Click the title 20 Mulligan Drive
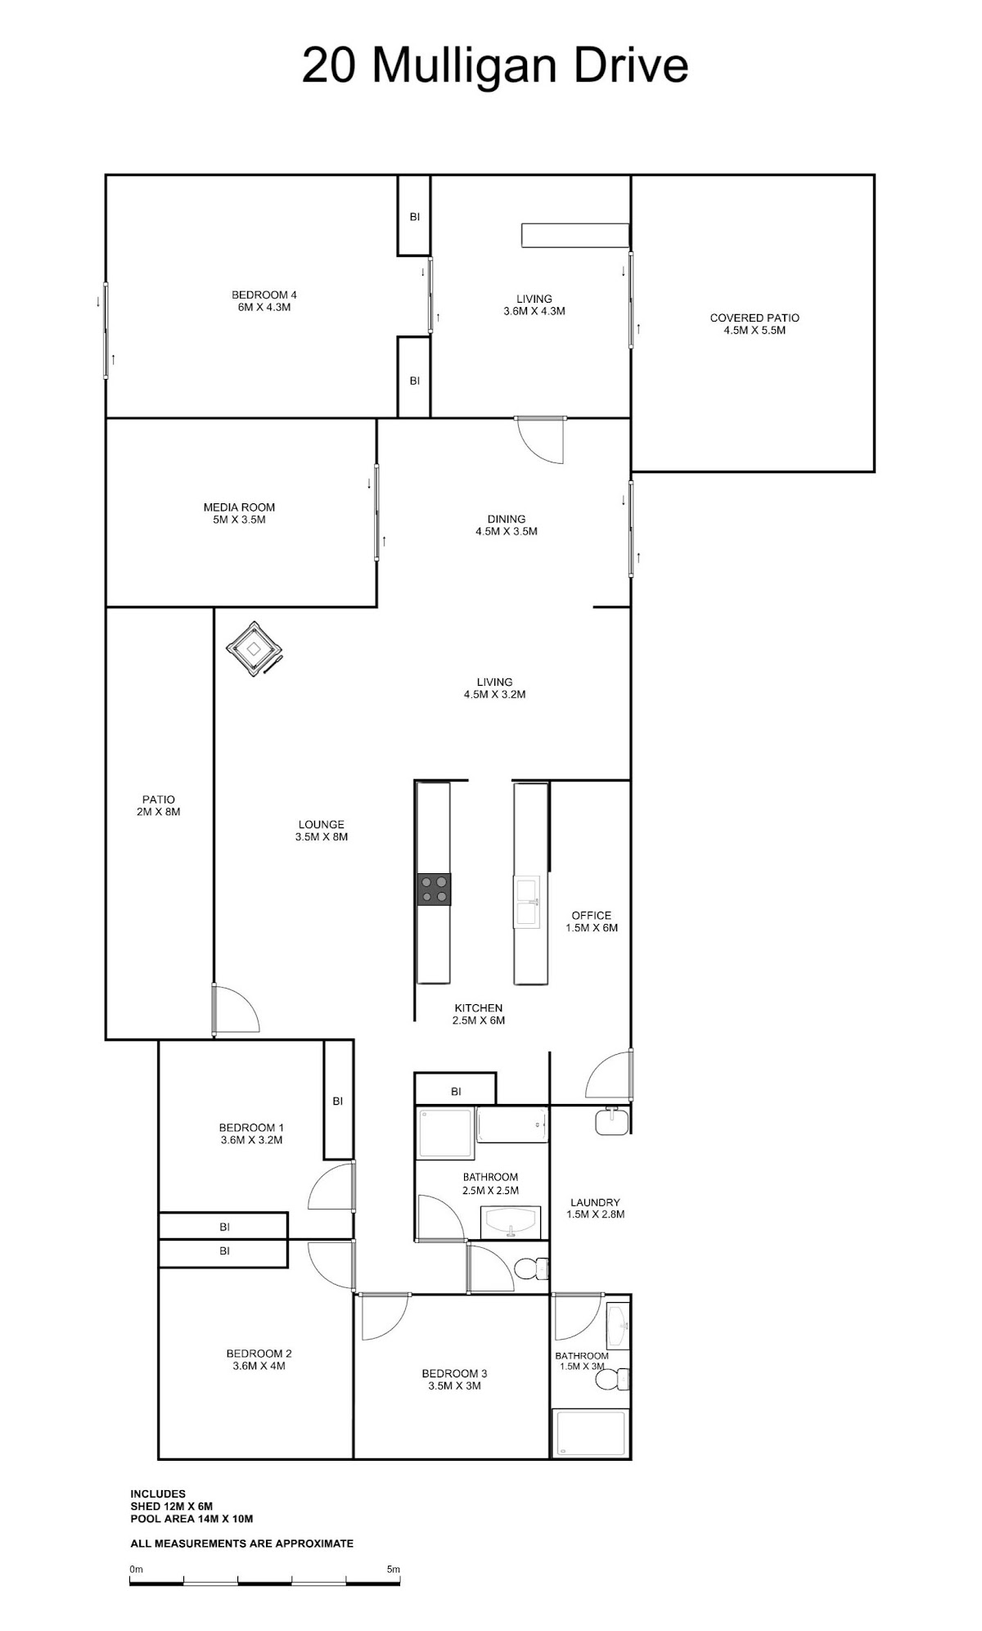click(x=495, y=65)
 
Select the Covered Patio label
click(x=755, y=324)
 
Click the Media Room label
click(x=239, y=513)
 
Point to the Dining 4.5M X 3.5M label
click(x=507, y=525)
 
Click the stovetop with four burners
click(x=434, y=889)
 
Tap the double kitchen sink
click(x=527, y=901)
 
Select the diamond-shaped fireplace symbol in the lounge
click(x=255, y=648)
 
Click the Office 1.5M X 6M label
click(x=592, y=921)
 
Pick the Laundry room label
click(x=595, y=1208)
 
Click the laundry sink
click(x=611, y=1120)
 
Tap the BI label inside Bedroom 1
click(x=338, y=1101)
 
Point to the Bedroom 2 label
click(x=259, y=1359)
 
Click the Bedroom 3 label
click(x=454, y=1379)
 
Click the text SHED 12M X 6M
click(x=172, y=1506)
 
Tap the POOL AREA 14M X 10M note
click(x=191, y=1519)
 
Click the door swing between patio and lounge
click(x=236, y=1009)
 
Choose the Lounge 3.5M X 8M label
click(x=322, y=831)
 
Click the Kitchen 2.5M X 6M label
click(x=479, y=1014)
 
